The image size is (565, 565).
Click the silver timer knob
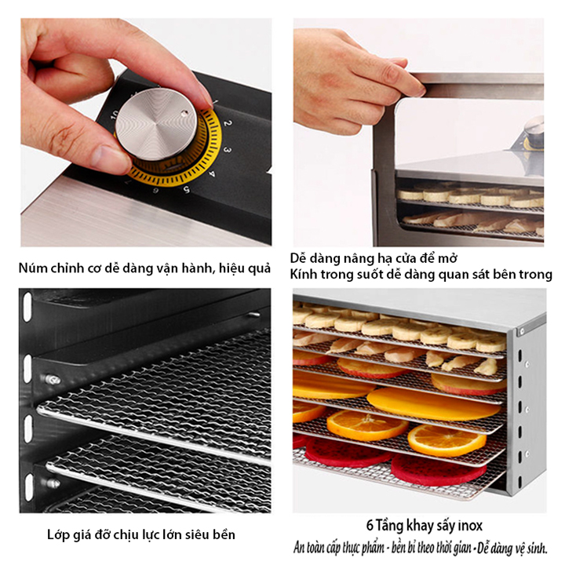click(x=156, y=124)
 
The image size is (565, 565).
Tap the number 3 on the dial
click(x=227, y=149)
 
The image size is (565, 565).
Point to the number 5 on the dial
click(x=186, y=190)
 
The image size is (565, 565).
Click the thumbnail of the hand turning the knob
click(x=146, y=133)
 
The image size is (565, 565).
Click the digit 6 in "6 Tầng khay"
click(x=370, y=526)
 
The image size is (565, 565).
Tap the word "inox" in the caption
click(x=470, y=526)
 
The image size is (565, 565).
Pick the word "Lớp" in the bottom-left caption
click(x=58, y=534)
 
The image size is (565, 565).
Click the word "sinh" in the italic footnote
click(x=536, y=549)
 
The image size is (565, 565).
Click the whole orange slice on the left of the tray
click(x=367, y=425)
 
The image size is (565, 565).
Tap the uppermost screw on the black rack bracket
click(x=53, y=380)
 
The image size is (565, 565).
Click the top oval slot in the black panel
click(x=27, y=307)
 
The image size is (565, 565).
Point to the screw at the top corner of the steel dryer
click(x=521, y=330)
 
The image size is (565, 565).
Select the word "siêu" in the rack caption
click(x=198, y=534)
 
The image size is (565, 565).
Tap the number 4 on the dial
click(x=212, y=174)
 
